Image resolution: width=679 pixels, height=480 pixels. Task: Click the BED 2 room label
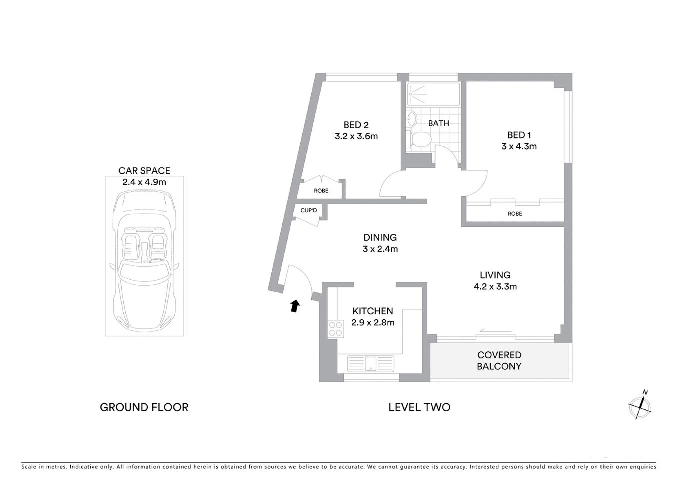356,125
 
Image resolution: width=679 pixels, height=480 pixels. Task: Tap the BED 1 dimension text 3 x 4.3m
519,146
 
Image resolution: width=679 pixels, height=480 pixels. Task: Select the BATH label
438,123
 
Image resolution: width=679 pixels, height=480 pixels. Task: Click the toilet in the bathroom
418,139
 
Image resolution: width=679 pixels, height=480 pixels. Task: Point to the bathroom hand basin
412,119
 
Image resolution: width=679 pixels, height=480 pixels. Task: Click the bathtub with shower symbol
433,94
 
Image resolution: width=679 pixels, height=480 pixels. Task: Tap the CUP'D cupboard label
309,210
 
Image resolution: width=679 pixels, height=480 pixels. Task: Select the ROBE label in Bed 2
321,191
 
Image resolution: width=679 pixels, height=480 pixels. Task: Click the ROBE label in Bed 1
514,213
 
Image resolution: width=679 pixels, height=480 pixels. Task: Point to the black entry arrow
295,305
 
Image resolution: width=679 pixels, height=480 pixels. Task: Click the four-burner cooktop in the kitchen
335,328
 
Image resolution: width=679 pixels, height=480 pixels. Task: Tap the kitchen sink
370,363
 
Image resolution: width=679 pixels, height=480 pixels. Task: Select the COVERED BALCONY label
499,360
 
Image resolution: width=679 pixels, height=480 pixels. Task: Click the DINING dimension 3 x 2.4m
380,249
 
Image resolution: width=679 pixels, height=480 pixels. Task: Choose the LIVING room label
495,275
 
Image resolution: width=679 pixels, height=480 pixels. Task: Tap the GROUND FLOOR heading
144,407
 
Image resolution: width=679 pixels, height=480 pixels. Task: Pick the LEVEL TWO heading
419,407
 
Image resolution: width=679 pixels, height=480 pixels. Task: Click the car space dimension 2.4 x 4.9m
144,182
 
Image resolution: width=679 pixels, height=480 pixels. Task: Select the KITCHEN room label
372,311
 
